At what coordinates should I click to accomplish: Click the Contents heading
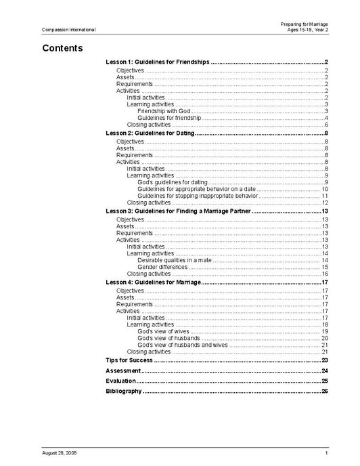[x=62, y=48]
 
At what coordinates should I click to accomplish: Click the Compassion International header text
[x=68, y=30]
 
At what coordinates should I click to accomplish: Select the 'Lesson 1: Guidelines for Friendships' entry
[x=158, y=62]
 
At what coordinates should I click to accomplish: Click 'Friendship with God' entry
[x=164, y=111]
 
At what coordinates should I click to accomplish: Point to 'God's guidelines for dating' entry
[x=172, y=182]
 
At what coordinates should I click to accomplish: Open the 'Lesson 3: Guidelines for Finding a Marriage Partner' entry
[x=179, y=211]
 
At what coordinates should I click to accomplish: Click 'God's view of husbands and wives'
[x=183, y=345]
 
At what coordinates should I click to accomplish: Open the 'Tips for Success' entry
[x=129, y=360]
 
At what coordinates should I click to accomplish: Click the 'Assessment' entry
[x=123, y=371]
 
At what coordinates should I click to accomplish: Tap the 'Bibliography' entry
[x=124, y=391]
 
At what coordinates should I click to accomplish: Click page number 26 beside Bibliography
[x=325, y=391]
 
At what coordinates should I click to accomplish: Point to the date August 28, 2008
[x=59, y=452]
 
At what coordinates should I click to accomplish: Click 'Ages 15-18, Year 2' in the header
[x=309, y=30]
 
